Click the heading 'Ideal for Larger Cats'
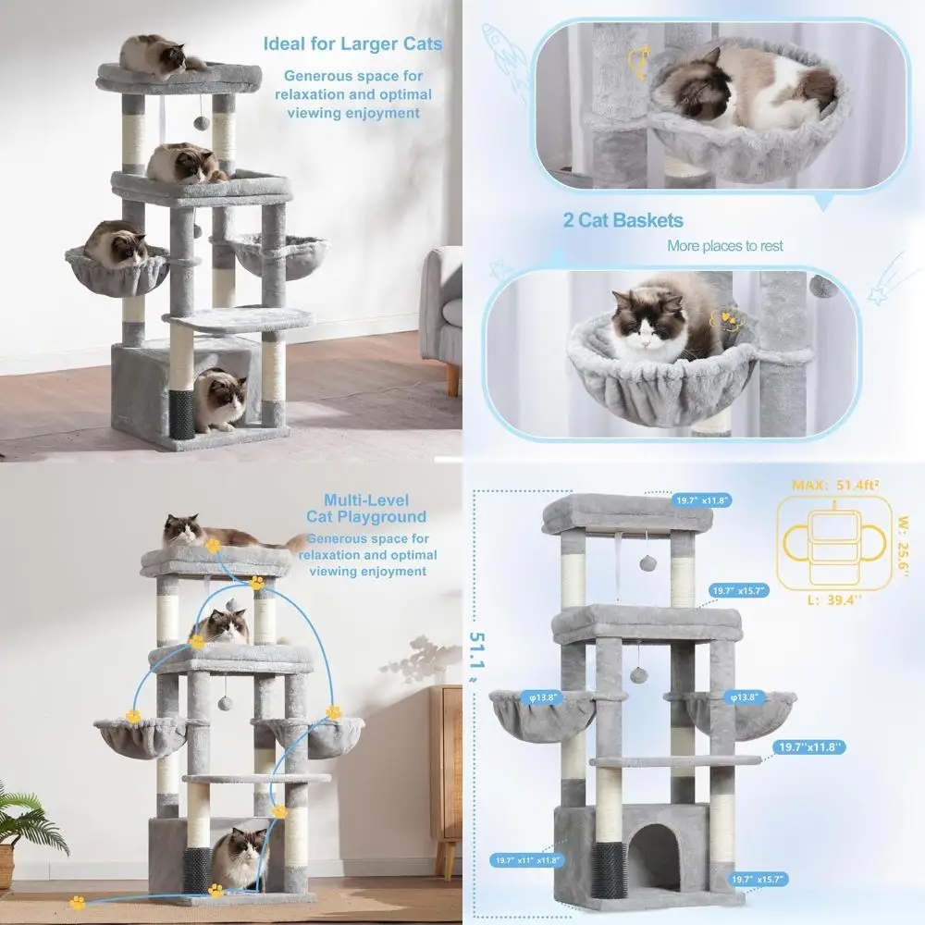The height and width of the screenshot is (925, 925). (x=352, y=43)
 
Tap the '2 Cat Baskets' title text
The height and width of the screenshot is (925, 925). (x=623, y=220)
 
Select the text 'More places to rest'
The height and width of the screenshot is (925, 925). (x=724, y=246)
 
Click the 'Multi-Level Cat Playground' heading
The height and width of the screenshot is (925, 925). (x=366, y=508)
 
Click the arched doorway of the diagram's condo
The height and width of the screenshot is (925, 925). (x=654, y=856)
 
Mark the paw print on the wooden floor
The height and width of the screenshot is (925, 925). (x=78, y=902)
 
